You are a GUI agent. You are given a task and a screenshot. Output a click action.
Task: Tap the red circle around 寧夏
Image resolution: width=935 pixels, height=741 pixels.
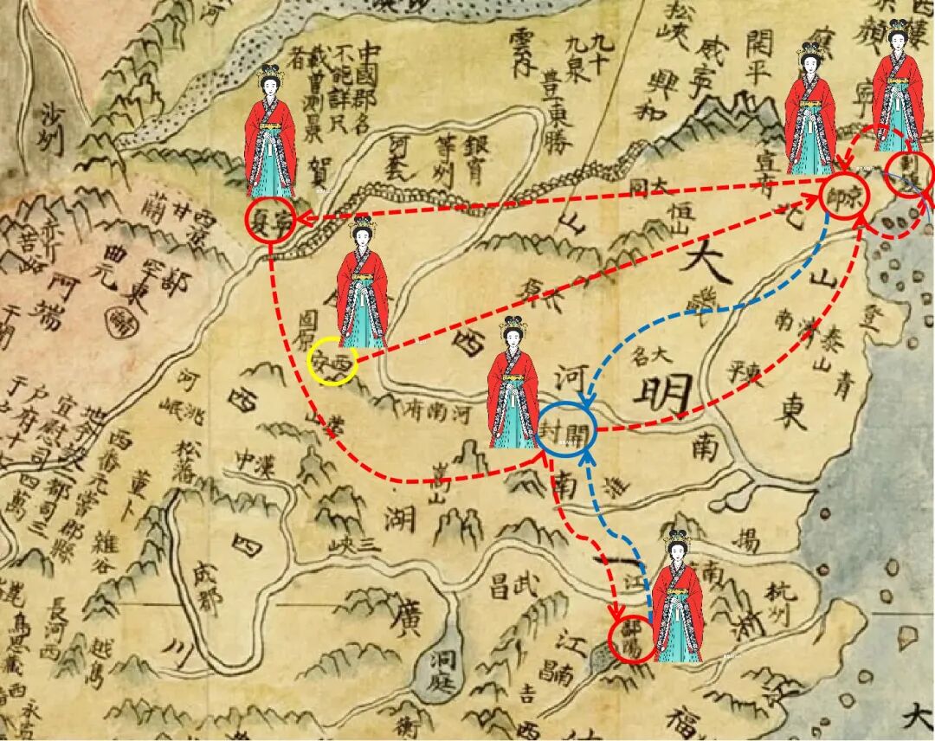point(269,220)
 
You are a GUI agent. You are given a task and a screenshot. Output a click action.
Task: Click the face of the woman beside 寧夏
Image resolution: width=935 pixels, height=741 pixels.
point(270,86)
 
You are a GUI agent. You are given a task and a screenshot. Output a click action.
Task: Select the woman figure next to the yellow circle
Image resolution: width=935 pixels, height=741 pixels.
point(363,286)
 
